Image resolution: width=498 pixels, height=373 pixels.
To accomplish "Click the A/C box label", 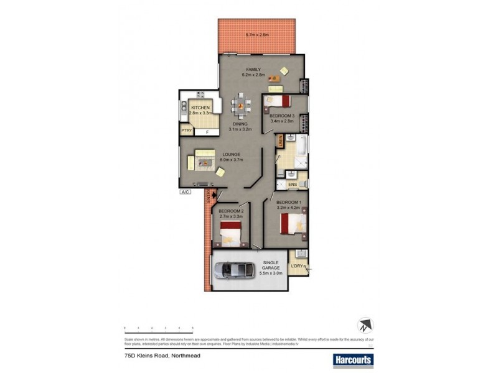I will click(186, 192).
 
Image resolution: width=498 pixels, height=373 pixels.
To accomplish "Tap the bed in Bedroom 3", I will click(278, 102).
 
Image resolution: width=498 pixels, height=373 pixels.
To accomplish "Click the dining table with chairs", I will click(239, 106).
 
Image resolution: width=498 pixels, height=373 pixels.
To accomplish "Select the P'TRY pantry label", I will click(186, 131).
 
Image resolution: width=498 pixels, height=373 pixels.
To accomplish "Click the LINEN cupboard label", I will click(281, 141).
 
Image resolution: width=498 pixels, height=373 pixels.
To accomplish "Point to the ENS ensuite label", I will click(292, 185).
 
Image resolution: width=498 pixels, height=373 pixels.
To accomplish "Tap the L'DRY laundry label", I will click(297, 267).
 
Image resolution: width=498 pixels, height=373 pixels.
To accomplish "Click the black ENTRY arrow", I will click(215, 195).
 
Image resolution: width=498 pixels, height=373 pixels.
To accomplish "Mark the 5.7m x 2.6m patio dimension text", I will click(256, 34).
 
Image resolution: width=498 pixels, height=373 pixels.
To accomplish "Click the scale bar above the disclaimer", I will click(158, 327).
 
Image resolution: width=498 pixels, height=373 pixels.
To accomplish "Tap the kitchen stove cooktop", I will click(200, 94).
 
